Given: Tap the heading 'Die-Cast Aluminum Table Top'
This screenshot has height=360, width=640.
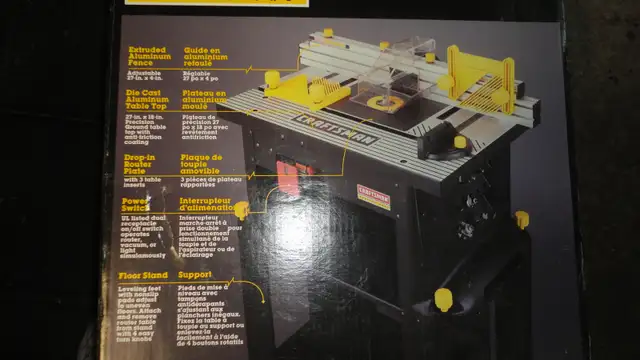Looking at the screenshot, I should (151, 105).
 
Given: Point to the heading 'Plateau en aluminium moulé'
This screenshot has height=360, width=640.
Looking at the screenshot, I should (208, 104).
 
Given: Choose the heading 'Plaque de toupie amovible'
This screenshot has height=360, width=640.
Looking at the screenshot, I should (208, 162).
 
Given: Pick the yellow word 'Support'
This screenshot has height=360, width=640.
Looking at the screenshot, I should (194, 273).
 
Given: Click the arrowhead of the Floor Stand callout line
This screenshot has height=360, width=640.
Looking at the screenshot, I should (261, 300).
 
